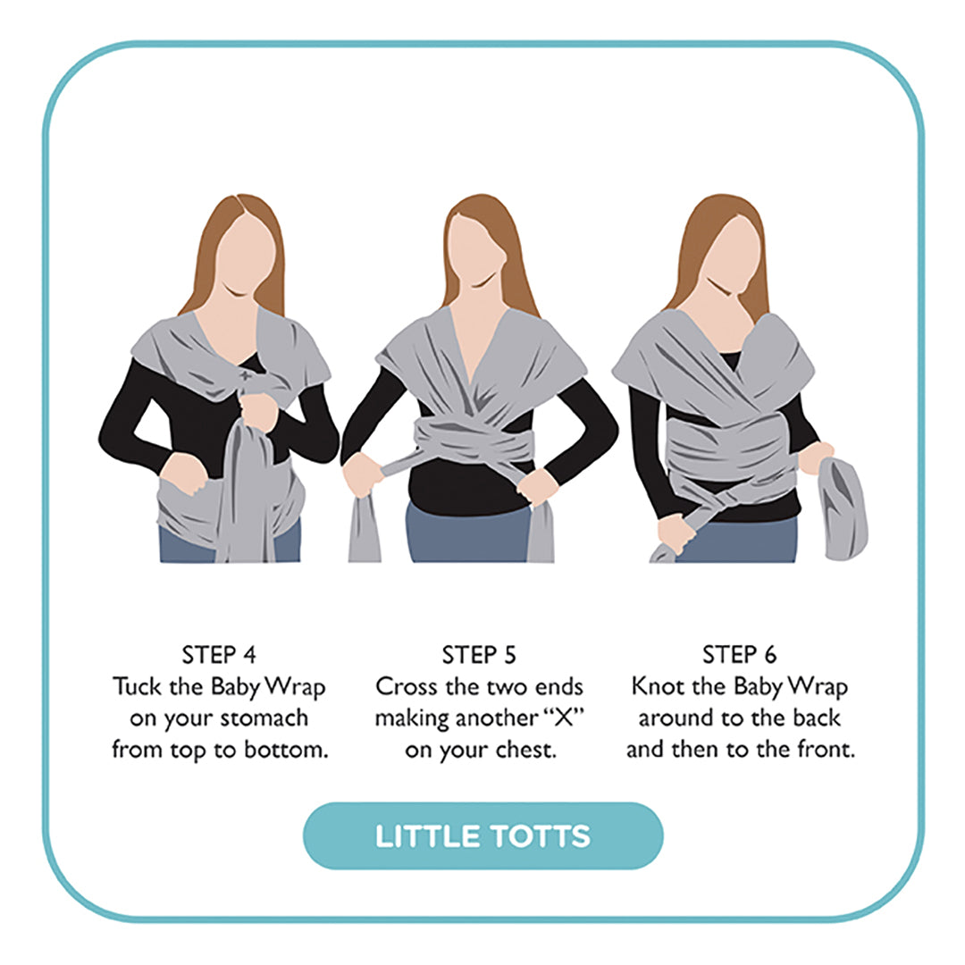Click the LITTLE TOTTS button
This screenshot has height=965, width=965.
tap(482, 836)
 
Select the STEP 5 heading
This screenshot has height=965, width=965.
tap(479, 655)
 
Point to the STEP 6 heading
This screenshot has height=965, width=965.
tap(739, 655)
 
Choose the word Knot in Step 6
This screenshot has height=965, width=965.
tap(657, 687)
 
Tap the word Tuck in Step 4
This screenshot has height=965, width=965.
tap(136, 687)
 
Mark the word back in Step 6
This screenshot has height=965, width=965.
tap(816, 718)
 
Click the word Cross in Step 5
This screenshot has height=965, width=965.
tap(406, 687)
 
